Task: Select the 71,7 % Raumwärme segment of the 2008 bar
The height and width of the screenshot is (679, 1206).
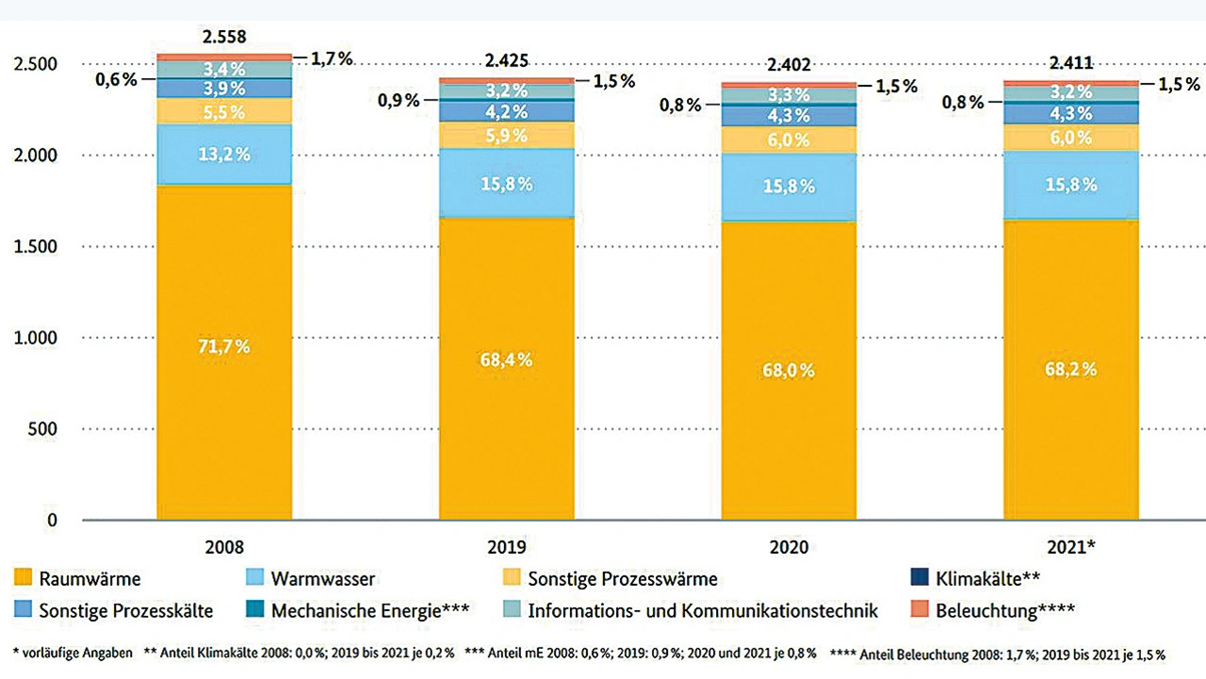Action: [223, 347]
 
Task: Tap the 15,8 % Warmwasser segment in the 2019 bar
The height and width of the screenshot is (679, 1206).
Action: [507, 184]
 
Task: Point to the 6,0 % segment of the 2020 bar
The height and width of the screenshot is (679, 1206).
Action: [790, 138]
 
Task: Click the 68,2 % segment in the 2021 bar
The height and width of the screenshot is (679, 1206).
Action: [1071, 369]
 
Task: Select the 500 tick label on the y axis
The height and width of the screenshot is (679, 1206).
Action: [43, 429]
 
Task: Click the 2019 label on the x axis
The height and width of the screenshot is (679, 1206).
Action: [508, 547]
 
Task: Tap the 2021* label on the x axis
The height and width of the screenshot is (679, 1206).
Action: [1072, 547]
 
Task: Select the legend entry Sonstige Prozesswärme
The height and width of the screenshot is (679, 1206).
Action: [623, 579]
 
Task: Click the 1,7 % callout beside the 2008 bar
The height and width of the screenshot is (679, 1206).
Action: [332, 58]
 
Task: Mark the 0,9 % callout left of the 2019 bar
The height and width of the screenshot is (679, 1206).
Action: [399, 100]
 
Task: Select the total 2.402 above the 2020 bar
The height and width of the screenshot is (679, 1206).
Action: [790, 65]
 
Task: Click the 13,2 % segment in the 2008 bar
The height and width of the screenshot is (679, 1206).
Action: [223, 154]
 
